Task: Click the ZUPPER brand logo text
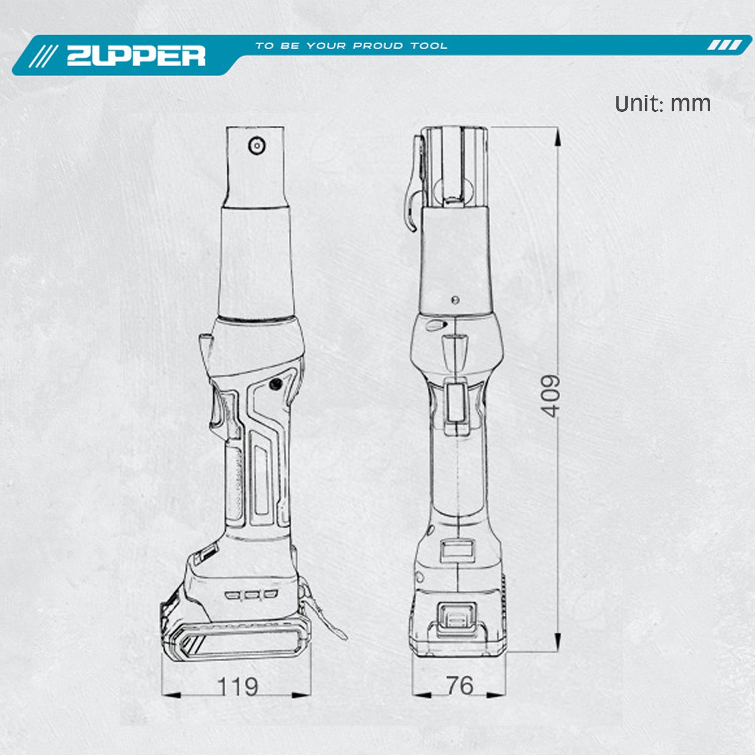[136, 56]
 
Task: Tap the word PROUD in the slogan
[378, 46]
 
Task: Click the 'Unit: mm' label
[663, 104]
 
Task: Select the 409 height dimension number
[550, 396]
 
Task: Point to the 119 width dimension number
[238, 687]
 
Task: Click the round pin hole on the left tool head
[257, 145]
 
